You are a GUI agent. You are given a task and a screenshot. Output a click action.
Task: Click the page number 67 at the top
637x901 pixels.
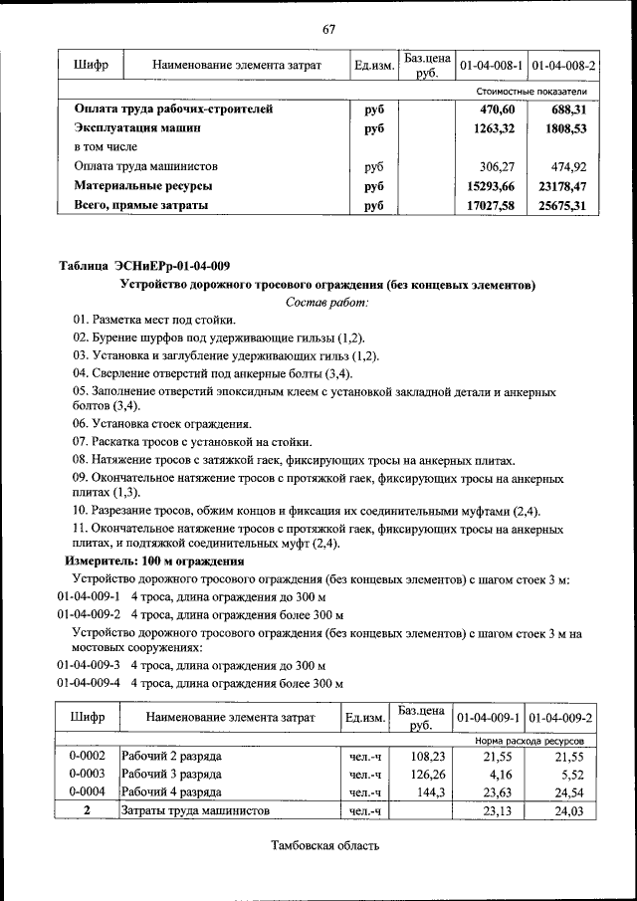click(328, 28)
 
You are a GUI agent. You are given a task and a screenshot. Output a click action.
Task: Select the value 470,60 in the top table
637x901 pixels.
click(504, 110)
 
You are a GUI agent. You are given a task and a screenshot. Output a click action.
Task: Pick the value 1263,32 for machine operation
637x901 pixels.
click(499, 128)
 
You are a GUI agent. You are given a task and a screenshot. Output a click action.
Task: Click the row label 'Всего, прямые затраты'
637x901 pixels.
click(141, 205)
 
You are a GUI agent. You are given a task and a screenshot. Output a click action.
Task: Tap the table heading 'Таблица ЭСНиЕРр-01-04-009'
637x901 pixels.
click(145, 266)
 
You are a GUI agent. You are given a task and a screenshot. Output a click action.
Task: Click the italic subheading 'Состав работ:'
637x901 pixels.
click(327, 302)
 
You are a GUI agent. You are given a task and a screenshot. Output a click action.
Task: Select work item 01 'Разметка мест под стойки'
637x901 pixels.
click(154, 320)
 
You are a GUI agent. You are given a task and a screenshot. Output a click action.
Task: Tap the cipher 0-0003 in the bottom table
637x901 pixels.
click(87, 775)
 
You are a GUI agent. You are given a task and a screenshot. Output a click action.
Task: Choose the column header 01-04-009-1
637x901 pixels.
click(489, 717)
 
